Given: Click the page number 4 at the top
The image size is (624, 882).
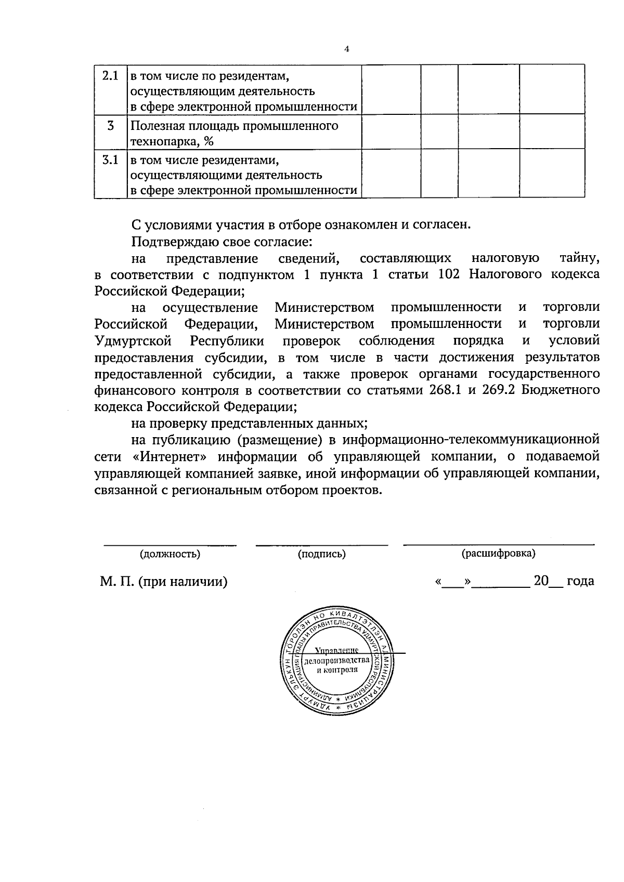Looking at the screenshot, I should coord(347,49).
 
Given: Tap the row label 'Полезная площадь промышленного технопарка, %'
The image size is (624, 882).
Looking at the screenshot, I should coord(233,134).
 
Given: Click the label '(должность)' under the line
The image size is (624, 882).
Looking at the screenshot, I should coord(170,554).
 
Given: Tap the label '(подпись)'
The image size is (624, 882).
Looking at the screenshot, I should coord(321,554).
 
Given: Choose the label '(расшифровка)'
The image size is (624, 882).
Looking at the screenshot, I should coord(498,554).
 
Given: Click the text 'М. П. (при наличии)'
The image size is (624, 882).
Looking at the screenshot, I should coord(164,582).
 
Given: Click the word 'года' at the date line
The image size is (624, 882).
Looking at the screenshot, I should coord(580,581).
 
